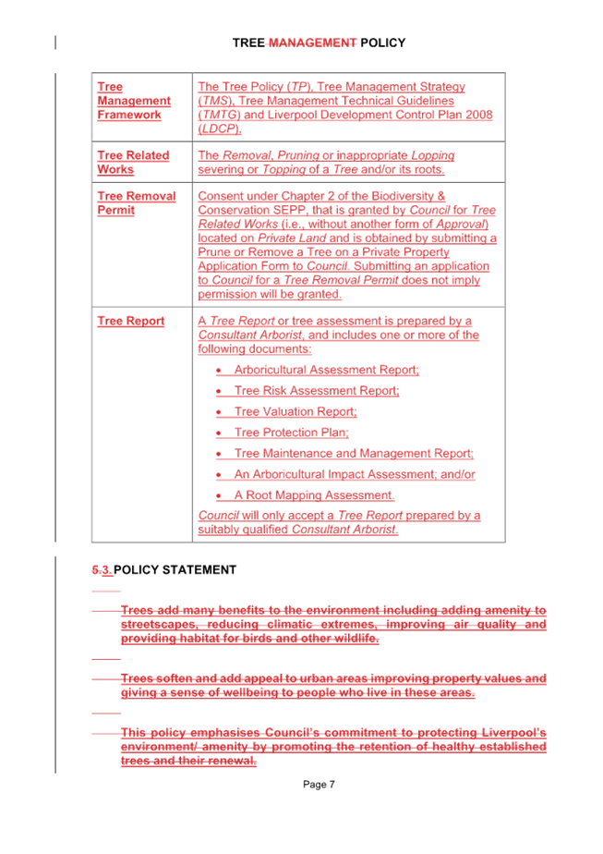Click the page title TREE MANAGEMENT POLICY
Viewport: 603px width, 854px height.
tap(319, 43)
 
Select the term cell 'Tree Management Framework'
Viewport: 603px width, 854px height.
tap(134, 101)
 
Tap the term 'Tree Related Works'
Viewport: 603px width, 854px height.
tap(133, 163)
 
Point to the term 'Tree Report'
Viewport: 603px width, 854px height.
tap(130, 322)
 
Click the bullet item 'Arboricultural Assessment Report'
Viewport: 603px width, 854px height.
tap(326, 371)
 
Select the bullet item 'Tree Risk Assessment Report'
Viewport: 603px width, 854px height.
tap(316, 392)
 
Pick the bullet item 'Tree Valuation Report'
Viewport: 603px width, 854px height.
tap(295, 412)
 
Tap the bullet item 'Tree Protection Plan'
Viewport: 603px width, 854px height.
tap(291, 433)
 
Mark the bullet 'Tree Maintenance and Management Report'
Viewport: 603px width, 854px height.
tap(353, 454)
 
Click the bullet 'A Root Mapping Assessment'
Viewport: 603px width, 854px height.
tap(314, 495)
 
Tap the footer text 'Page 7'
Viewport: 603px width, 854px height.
tap(318, 785)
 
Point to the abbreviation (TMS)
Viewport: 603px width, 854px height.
tap(213, 101)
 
